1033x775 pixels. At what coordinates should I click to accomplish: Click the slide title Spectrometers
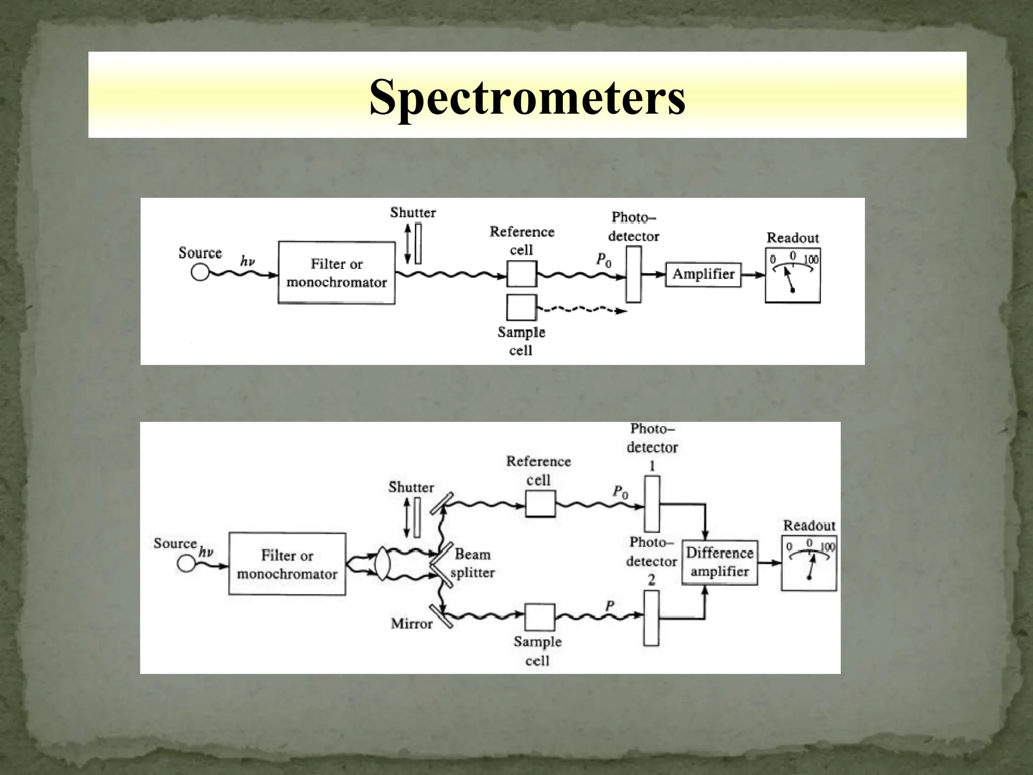(527, 97)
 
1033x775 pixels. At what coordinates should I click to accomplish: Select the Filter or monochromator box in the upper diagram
(336, 273)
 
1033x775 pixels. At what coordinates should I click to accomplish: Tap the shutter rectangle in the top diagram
(418, 244)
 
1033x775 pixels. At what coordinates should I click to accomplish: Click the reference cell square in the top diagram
(522, 273)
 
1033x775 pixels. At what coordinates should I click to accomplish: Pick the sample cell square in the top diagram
(522, 307)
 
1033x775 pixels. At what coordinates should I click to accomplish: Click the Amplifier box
(703, 274)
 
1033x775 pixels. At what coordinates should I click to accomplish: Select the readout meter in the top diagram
(792, 275)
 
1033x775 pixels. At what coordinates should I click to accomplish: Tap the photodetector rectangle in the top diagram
(634, 274)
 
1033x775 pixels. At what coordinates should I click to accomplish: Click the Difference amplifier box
(719, 562)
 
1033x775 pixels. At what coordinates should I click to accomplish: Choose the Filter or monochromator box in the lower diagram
(287, 564)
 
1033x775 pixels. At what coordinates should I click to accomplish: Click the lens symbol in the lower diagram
(383, 564)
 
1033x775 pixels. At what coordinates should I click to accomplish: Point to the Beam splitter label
(473, 563)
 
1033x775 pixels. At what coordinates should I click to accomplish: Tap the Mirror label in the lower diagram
(412, 624)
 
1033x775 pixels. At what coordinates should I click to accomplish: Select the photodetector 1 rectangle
(652, 504)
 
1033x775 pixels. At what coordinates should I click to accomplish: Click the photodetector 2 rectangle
(651, 618)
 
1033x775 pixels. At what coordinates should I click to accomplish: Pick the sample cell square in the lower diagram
(540, 617)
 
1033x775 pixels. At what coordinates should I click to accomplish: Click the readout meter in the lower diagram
(809, 563)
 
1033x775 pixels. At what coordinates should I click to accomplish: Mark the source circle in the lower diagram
(186, 563)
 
